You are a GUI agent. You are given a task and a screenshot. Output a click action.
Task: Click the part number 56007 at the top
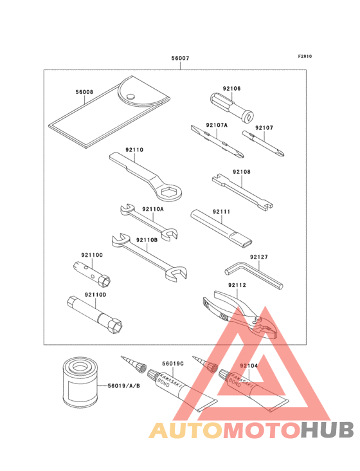click(180, 58)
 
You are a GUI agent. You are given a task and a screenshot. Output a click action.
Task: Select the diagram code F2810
click(305, 56)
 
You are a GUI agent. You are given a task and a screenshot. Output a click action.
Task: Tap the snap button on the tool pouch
click(130, 97)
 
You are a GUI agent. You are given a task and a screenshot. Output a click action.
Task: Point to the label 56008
click(84, 92)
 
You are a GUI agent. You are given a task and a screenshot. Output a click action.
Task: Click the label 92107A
click(217, 125)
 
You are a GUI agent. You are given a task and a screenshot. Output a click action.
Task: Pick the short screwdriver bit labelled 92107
click(263, 143)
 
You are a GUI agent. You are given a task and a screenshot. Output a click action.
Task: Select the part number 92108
click(242, 172)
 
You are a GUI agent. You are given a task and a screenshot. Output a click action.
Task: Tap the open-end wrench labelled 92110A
click(148, 222)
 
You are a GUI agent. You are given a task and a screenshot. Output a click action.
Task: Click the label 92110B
click(147, 240)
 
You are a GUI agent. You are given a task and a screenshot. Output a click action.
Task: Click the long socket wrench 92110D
click(94, 315)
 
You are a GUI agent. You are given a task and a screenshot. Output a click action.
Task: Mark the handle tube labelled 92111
click(221, 227)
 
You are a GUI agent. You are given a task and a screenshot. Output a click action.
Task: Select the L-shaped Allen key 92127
click(254, 275)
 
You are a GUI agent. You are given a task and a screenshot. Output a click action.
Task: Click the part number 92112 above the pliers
click(237, 285)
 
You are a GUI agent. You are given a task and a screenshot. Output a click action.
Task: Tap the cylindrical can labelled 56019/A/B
click(80, 383)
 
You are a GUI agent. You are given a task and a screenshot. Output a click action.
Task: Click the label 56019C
click(173, 364)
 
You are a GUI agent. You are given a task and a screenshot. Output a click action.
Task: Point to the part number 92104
click(249, 366)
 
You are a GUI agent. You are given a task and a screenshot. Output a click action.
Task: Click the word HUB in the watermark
click(328, 430)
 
